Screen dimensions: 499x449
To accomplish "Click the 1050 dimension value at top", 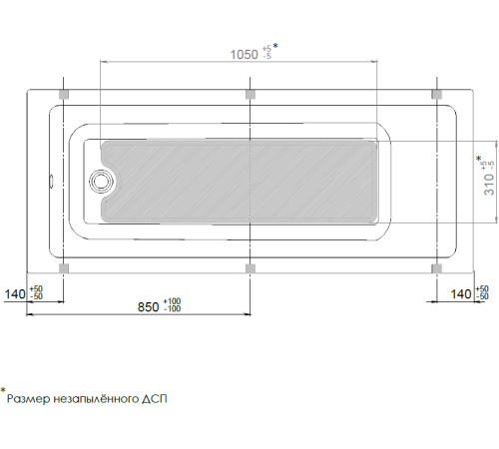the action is point(245,55).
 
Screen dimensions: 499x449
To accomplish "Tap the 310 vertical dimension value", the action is point(489,184).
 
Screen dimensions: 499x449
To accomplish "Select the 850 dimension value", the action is point(148,307).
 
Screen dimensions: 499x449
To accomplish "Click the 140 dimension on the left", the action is point(15,294).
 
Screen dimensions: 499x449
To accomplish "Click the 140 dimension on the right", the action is point(461,294).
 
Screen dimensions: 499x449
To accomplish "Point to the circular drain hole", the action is point(102,182).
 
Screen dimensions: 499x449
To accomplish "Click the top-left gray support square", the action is point(64,94).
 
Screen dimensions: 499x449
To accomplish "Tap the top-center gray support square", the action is point(250,94).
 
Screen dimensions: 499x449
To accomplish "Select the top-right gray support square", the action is point(437,94).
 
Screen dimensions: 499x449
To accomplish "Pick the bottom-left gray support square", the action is point(64,268).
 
